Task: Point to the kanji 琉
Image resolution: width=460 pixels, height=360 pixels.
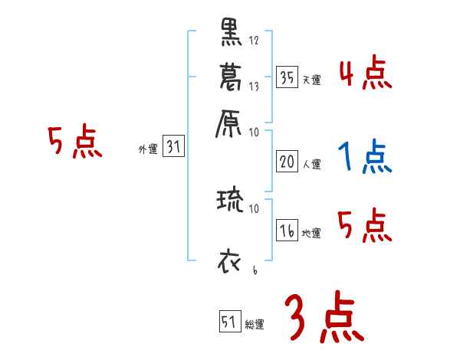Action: [x=230, y=201]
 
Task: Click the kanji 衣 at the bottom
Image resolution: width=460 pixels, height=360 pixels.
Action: [x=229, y=260]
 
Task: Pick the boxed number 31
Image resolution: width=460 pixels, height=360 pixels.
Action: [x=172, y=148]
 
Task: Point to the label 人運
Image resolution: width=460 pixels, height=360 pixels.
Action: [x=310, y=163]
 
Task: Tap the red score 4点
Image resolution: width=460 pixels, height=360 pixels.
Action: [x=365, y=74]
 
